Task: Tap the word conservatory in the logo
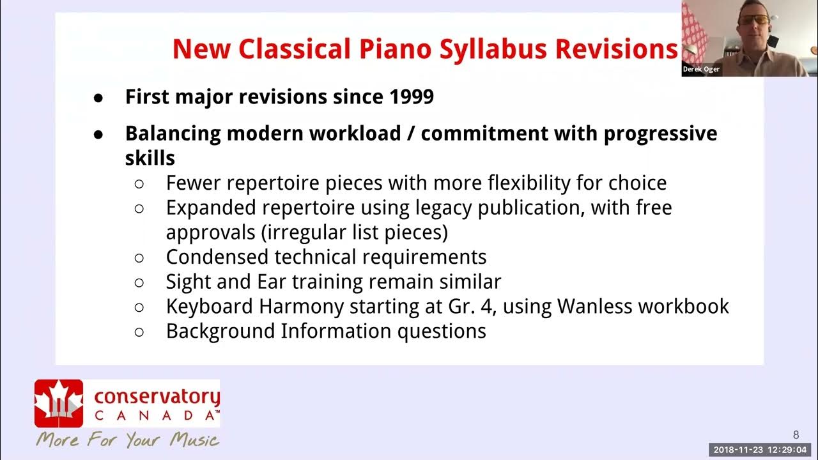click(157, 397)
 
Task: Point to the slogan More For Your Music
click(127, 440)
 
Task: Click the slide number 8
click(796, 435)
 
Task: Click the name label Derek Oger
click(701, 69)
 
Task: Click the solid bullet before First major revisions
click(98, 98)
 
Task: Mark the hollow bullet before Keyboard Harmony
click(139, 307)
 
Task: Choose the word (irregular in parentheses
click(300, 232)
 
